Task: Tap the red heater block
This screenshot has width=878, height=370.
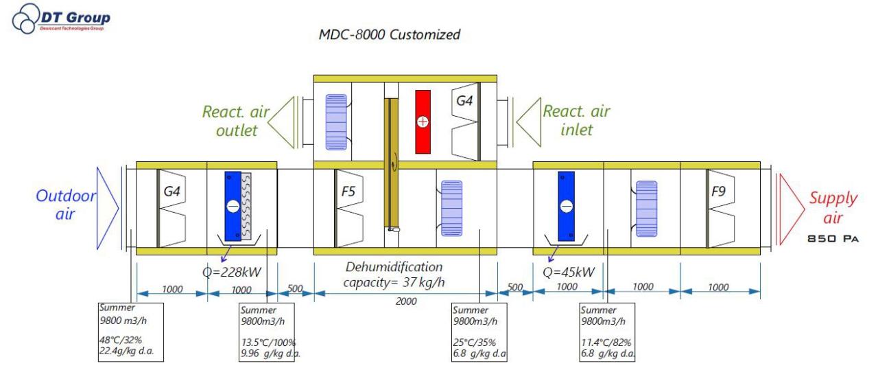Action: (x=421, y=122)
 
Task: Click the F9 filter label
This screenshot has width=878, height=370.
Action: (x=718, y=191)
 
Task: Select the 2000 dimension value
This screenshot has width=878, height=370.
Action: (x=406, y=301)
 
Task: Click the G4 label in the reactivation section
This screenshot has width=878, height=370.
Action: (x=465, y=100)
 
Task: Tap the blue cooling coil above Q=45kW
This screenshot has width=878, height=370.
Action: (x=566, y=205)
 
